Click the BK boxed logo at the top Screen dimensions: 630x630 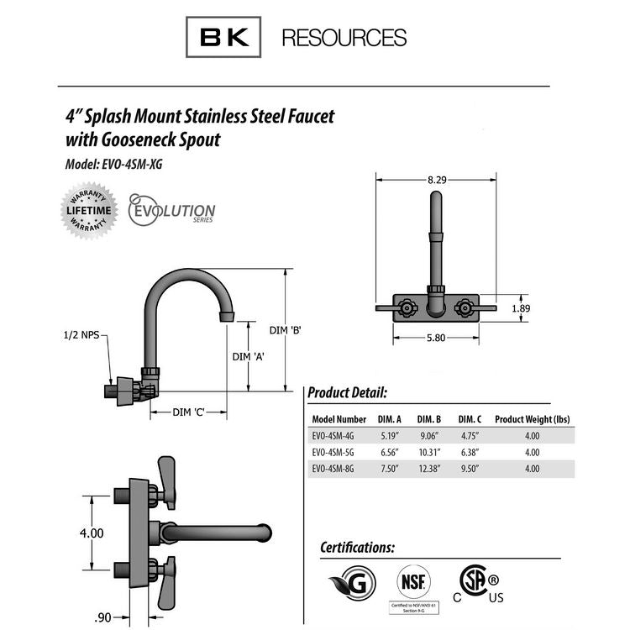pos(223,37)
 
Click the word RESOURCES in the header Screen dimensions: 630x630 pos(344,38)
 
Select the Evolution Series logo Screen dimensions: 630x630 pos(171,210)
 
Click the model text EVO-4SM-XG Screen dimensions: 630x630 pos(134,165)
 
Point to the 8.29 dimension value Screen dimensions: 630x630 pos(436,180)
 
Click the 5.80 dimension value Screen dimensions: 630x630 pos(435,338)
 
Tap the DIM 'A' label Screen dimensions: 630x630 pos(249,356)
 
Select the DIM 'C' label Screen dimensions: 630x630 pos(189,412)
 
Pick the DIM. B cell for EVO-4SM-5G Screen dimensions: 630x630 pos(428,452)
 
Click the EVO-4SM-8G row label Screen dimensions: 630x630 pos(338,469)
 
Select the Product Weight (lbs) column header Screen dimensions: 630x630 pos(532,418)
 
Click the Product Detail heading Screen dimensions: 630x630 pos(347,392)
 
